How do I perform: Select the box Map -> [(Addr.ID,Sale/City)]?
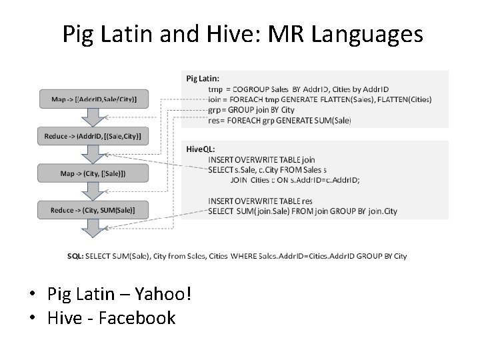(x=94, y=99)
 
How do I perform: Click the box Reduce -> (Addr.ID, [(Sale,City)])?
(x=94, y=136)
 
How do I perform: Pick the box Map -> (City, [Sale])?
(x=94, y=173)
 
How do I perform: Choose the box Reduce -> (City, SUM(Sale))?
(x=94, y=211)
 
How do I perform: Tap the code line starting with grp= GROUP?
(x=251, y=110)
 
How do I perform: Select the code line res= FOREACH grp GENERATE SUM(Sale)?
(x=279, y=121)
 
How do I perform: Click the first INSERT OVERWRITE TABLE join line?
(x=261, y=160)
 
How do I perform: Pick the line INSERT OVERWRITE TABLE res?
(x=260, y=201)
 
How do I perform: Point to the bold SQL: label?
(x=75, y=256)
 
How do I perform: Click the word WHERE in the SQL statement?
(x=248, y=256)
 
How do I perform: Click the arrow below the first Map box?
(x=94, y=116)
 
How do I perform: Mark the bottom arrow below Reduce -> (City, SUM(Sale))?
(x=94, y=229)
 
